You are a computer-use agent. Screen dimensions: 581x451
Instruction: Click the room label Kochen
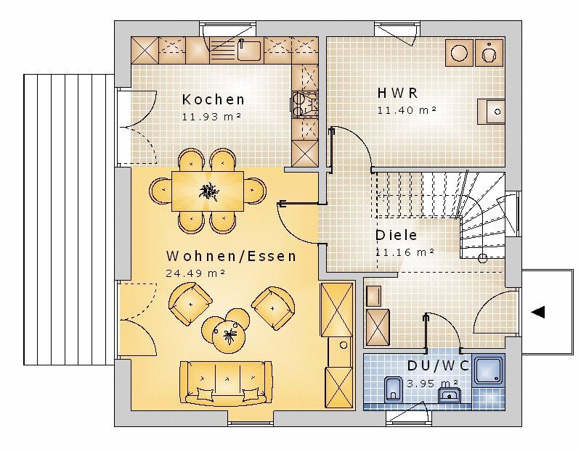coord(213,99)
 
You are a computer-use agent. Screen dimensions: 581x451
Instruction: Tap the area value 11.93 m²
coord(211,117)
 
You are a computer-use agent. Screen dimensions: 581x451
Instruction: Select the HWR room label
coord(397,93)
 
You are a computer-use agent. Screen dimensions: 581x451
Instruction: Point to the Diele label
coord(396,235)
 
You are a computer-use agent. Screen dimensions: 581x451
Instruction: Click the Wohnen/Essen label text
coord(231,256)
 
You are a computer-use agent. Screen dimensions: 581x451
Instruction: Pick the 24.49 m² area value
coord(195,273)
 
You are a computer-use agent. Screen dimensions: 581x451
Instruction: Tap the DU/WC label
coord(438,365)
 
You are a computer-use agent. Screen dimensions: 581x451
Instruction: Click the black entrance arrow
coord(538,312)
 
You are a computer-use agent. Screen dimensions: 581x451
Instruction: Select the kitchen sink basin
coord(249,50)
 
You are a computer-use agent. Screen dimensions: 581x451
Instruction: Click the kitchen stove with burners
coord(305,104)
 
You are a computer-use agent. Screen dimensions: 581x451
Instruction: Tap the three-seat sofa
coord(226,383)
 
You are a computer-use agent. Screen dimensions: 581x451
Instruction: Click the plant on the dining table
coord(208,191)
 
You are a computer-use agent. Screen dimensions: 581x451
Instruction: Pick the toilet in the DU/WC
coord(392,389)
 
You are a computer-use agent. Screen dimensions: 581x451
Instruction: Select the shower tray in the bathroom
coord(489,371)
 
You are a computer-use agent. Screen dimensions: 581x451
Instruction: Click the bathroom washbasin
coord(449,395)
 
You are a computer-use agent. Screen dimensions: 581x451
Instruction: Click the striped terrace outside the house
coord(69,220)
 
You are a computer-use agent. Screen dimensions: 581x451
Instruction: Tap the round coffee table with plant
coord(229,336)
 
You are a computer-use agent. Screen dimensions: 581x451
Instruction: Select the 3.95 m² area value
coord(432,383)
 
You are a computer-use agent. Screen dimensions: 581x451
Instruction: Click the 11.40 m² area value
coord(407,110)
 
